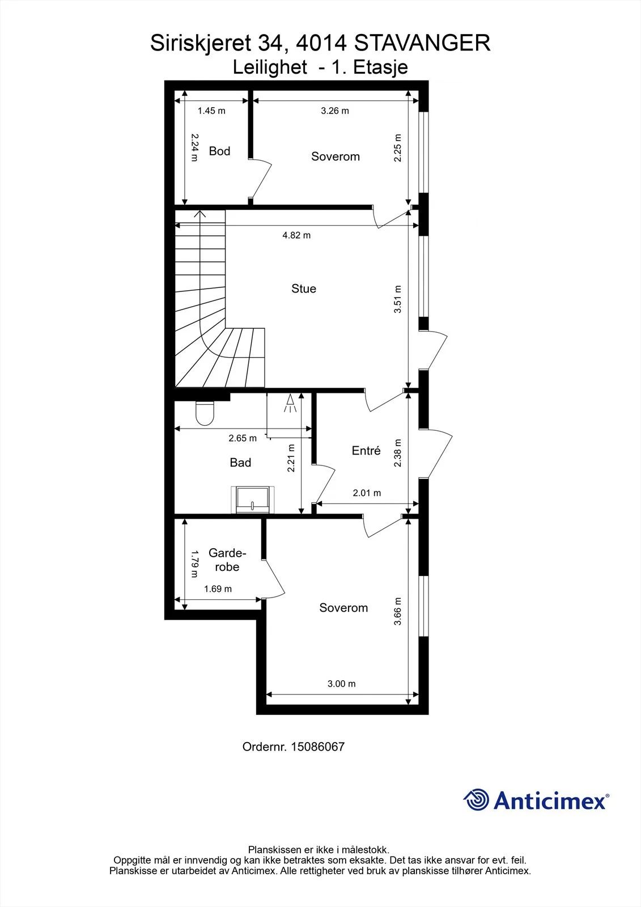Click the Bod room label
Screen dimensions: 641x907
click(x=219, y=151)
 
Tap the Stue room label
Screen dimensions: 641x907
click(x=304, y=289)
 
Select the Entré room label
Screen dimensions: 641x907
click(x=366, y=450)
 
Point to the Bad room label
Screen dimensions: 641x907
click(x=240, y=463)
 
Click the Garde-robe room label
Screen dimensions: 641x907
click(x=227, y=560)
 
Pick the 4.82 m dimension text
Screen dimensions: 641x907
click(x=296, y=235)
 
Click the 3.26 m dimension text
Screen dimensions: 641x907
click(x=335, y=111)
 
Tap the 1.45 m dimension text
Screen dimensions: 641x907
click(x=211, y=111)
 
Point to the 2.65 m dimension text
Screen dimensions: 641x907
click(x=243, y=438)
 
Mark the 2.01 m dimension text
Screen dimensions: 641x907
click(x=367, y=493)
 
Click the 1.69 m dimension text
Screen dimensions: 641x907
click(x=218, y=589)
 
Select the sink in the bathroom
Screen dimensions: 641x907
click(x=253, y=499)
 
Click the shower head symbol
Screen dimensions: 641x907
click(x=290, y=403)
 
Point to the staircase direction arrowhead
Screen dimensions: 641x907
click(x=199, y=213)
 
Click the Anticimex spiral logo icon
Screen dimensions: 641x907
click(x=476, y=800)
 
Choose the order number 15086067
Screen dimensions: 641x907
click(x=317, y=747)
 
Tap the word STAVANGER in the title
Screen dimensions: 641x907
click(x=422, y=43)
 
